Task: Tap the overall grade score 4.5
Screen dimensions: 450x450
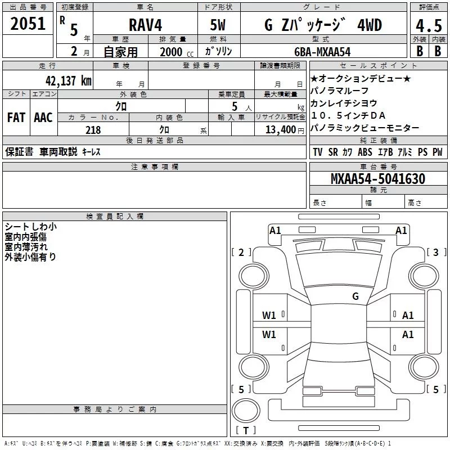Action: [x=429, y=26]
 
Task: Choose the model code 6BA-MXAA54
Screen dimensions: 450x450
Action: [x=322, y=51]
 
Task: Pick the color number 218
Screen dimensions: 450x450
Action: [x=93, y=130]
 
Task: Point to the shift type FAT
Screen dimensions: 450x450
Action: [x=16, y=117]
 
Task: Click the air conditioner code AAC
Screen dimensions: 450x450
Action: [x=43, y=117]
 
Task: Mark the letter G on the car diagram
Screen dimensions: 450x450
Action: [x=355, y=296]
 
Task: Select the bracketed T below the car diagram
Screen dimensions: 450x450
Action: [x=245, y=431]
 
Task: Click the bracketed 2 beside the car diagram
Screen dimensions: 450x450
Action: [x=241, y=252]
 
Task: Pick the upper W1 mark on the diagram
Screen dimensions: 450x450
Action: [x=269, y=316]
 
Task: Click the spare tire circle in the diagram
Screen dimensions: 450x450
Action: [x=245, y=409]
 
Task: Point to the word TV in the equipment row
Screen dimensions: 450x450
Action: [x=318, y=152]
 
